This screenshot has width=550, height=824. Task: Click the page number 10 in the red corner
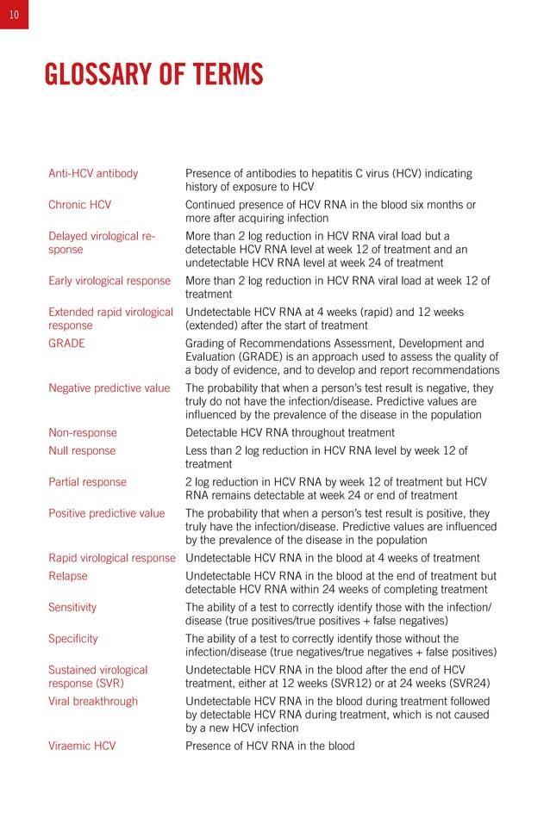14,14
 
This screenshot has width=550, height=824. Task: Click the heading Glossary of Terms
153,75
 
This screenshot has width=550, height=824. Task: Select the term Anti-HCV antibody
93,173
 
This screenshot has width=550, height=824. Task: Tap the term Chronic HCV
79,205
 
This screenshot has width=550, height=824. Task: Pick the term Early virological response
109,281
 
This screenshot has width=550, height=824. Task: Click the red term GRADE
66,343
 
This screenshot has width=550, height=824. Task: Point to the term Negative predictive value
109,387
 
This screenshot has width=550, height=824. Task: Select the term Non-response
83,432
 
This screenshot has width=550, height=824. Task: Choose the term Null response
82,450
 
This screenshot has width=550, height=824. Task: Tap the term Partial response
87,481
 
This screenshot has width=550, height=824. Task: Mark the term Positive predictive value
106,513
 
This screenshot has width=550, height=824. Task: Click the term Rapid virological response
112,558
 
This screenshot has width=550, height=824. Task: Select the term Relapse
68,576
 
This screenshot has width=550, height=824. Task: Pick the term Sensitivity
72,607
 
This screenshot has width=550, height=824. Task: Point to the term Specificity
73,638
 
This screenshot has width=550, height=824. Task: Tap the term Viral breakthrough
93,701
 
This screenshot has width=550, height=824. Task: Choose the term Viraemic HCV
82,746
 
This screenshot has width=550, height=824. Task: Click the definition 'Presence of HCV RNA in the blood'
270,746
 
